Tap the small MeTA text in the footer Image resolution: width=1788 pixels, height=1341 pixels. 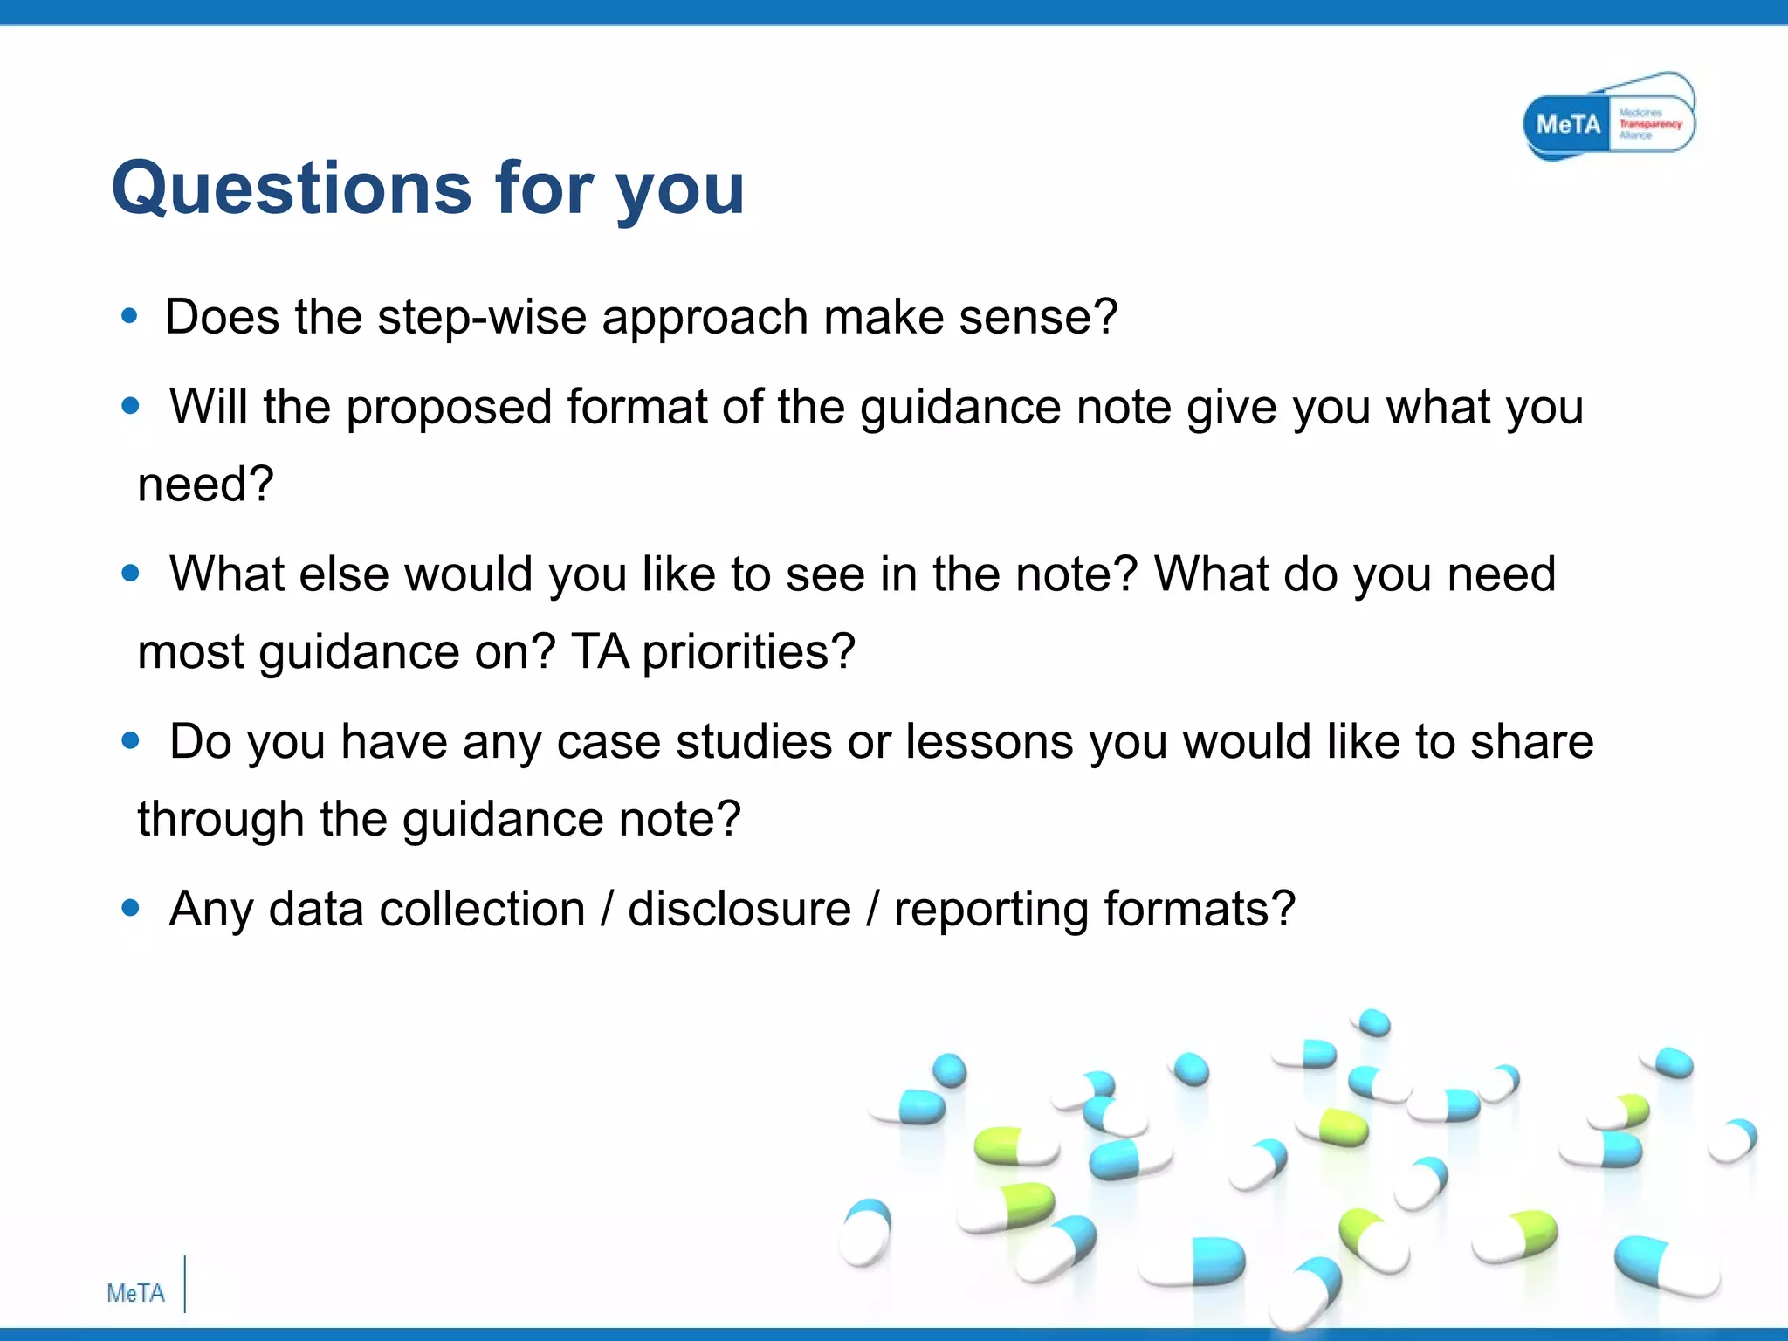(x=135, y=1293)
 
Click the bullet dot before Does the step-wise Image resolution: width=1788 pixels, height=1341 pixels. (x=130, y=316)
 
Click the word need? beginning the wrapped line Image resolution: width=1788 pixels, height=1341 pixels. (x=206, y=485)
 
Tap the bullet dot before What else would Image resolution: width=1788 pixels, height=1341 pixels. (x=130, y=574)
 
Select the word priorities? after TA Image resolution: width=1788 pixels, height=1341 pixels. (x=748, y=652)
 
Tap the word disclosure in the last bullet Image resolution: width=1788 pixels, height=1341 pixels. (x=739, y=910)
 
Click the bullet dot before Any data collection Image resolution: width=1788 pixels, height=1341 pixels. (x=130, y=909)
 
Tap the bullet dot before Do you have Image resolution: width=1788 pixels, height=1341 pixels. (x=130, y=741)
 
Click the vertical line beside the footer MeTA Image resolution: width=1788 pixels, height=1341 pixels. (x=185, y=1283)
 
